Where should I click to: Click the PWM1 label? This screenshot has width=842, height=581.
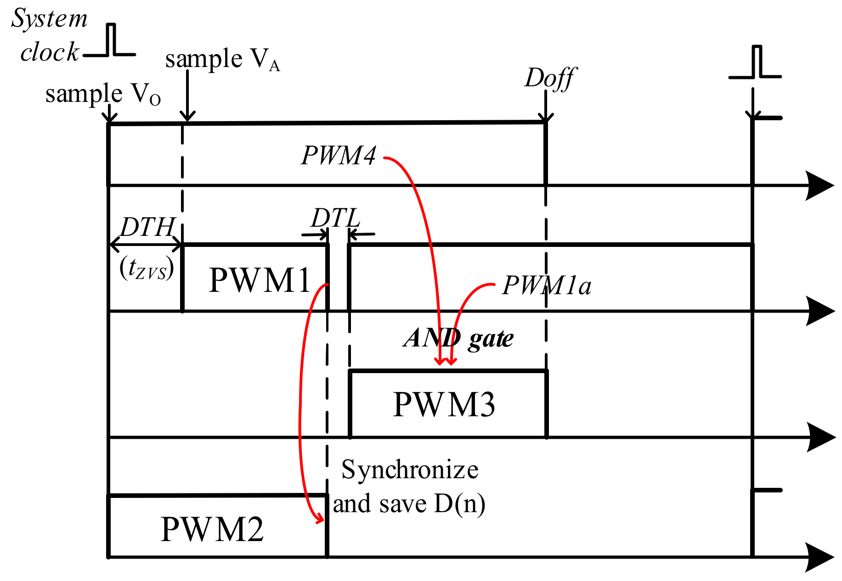[260, 280]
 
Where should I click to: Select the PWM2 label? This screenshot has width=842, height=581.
[212, 529]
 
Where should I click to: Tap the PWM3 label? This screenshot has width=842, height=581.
[444, 404]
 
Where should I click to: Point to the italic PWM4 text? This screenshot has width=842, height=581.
[339, 155]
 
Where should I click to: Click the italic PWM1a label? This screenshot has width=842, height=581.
[547, 285]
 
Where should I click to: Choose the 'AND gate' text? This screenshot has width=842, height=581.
[458, 338]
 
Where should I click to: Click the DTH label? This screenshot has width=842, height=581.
[147, 227]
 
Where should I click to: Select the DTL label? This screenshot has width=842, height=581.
[335, 218]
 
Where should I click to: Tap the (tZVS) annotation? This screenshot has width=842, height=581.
[147, 268]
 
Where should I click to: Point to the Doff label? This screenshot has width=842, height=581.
[550, 78]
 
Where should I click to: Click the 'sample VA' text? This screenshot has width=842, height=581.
[222, 60]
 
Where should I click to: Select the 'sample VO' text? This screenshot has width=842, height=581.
[103, 95]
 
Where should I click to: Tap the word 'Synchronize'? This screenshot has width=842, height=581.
[410, 470]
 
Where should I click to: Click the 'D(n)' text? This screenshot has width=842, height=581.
[459, 504]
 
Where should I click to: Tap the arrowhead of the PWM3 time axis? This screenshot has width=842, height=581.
[821, 437]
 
